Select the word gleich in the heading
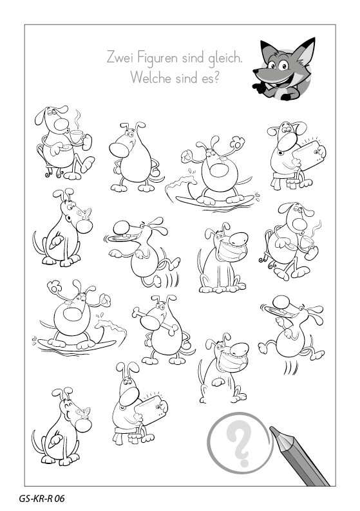pyautogui.click(x=225, y=59)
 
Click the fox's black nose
pyautogui.click(x=256, y=71)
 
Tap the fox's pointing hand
pyautogui.click(x=259, y=88)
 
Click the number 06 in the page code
pyautogui.click(x=59, y=499)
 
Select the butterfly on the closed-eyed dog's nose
pyautogui.click(x=84, y=413)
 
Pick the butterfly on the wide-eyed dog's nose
pyautogui.click(x=84, y=213)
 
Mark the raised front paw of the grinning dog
pyautogui.click(x=218, y=382)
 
